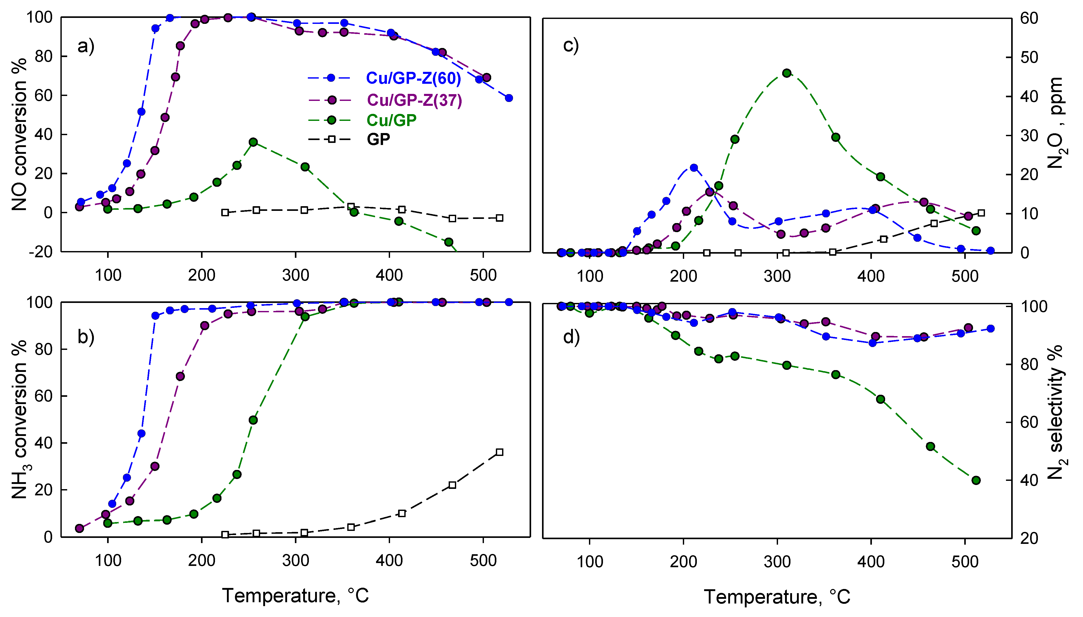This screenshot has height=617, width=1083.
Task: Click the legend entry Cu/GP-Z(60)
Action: [413, 78]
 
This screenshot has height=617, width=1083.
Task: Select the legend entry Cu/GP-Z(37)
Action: [414, 100]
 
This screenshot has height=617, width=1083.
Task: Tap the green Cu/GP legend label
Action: [391, 120]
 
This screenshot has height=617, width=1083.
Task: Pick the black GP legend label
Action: [378, 139]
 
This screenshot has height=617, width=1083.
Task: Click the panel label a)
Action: [86, 46]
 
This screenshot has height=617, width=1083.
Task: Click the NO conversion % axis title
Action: [19, 135]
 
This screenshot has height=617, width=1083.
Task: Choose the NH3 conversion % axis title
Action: [19, 420]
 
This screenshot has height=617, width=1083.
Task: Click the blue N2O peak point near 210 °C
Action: [694, 168]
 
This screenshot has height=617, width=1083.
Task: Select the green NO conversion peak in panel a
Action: [253, 142]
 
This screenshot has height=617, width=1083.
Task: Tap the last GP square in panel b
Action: [499, 452]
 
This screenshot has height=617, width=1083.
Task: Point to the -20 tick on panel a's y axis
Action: [40, 252]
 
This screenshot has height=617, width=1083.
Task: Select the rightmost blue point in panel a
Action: [509, 98]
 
